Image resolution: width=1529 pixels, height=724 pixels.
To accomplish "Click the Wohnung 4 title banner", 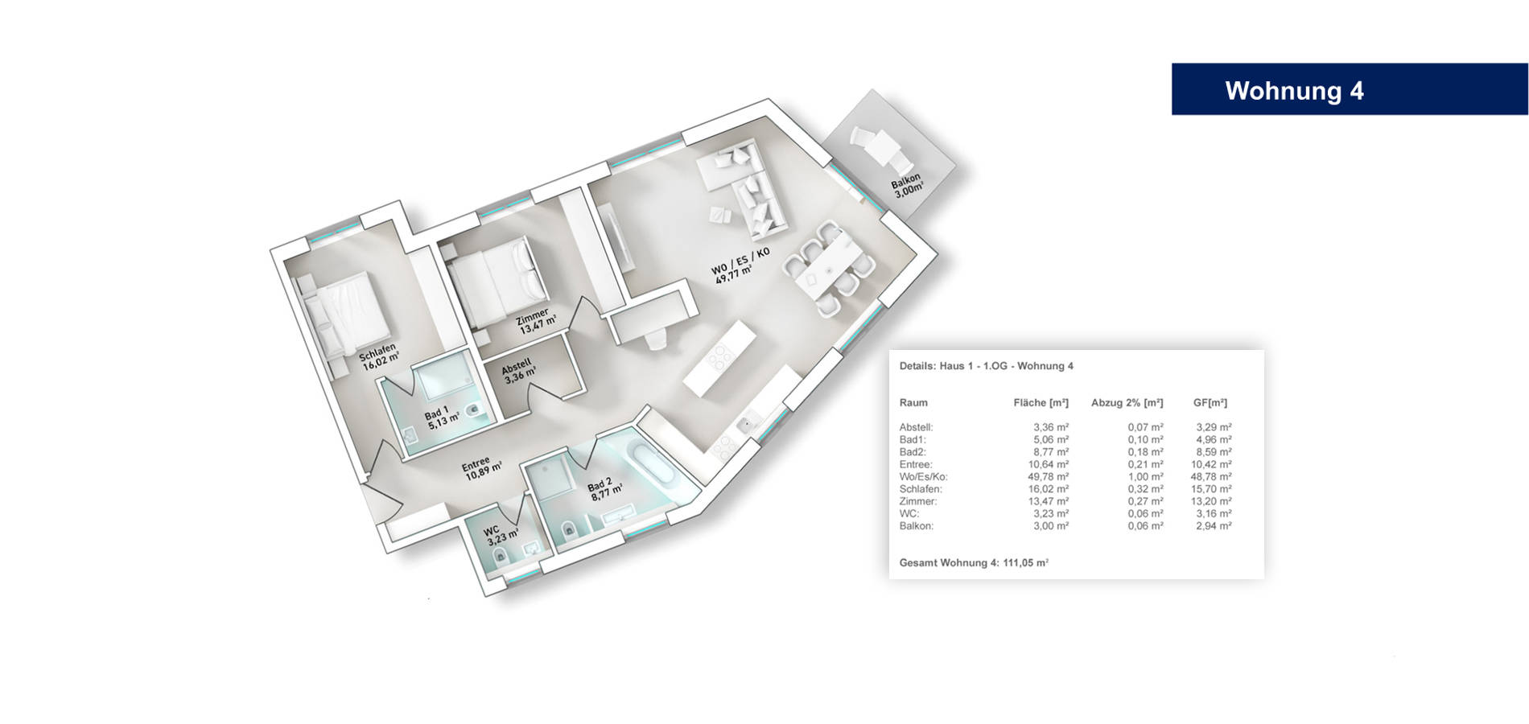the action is click(x=1350, y=89).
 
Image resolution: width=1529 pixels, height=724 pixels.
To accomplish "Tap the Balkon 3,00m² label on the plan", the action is click(x=907, y=186).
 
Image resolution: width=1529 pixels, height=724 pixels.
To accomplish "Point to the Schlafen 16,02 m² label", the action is click(x=379, y=356).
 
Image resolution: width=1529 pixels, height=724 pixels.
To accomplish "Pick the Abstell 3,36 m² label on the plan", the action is click(x=518, y=372).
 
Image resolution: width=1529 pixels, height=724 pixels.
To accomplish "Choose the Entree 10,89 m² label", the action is click(x=481, y=468).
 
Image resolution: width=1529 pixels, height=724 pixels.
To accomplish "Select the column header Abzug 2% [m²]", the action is click(x=1127, y=402).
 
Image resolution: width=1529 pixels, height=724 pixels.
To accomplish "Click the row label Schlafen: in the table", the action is click(x=920, y=488).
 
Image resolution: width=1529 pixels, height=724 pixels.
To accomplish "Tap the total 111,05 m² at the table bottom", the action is click(x=1025, y=562).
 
